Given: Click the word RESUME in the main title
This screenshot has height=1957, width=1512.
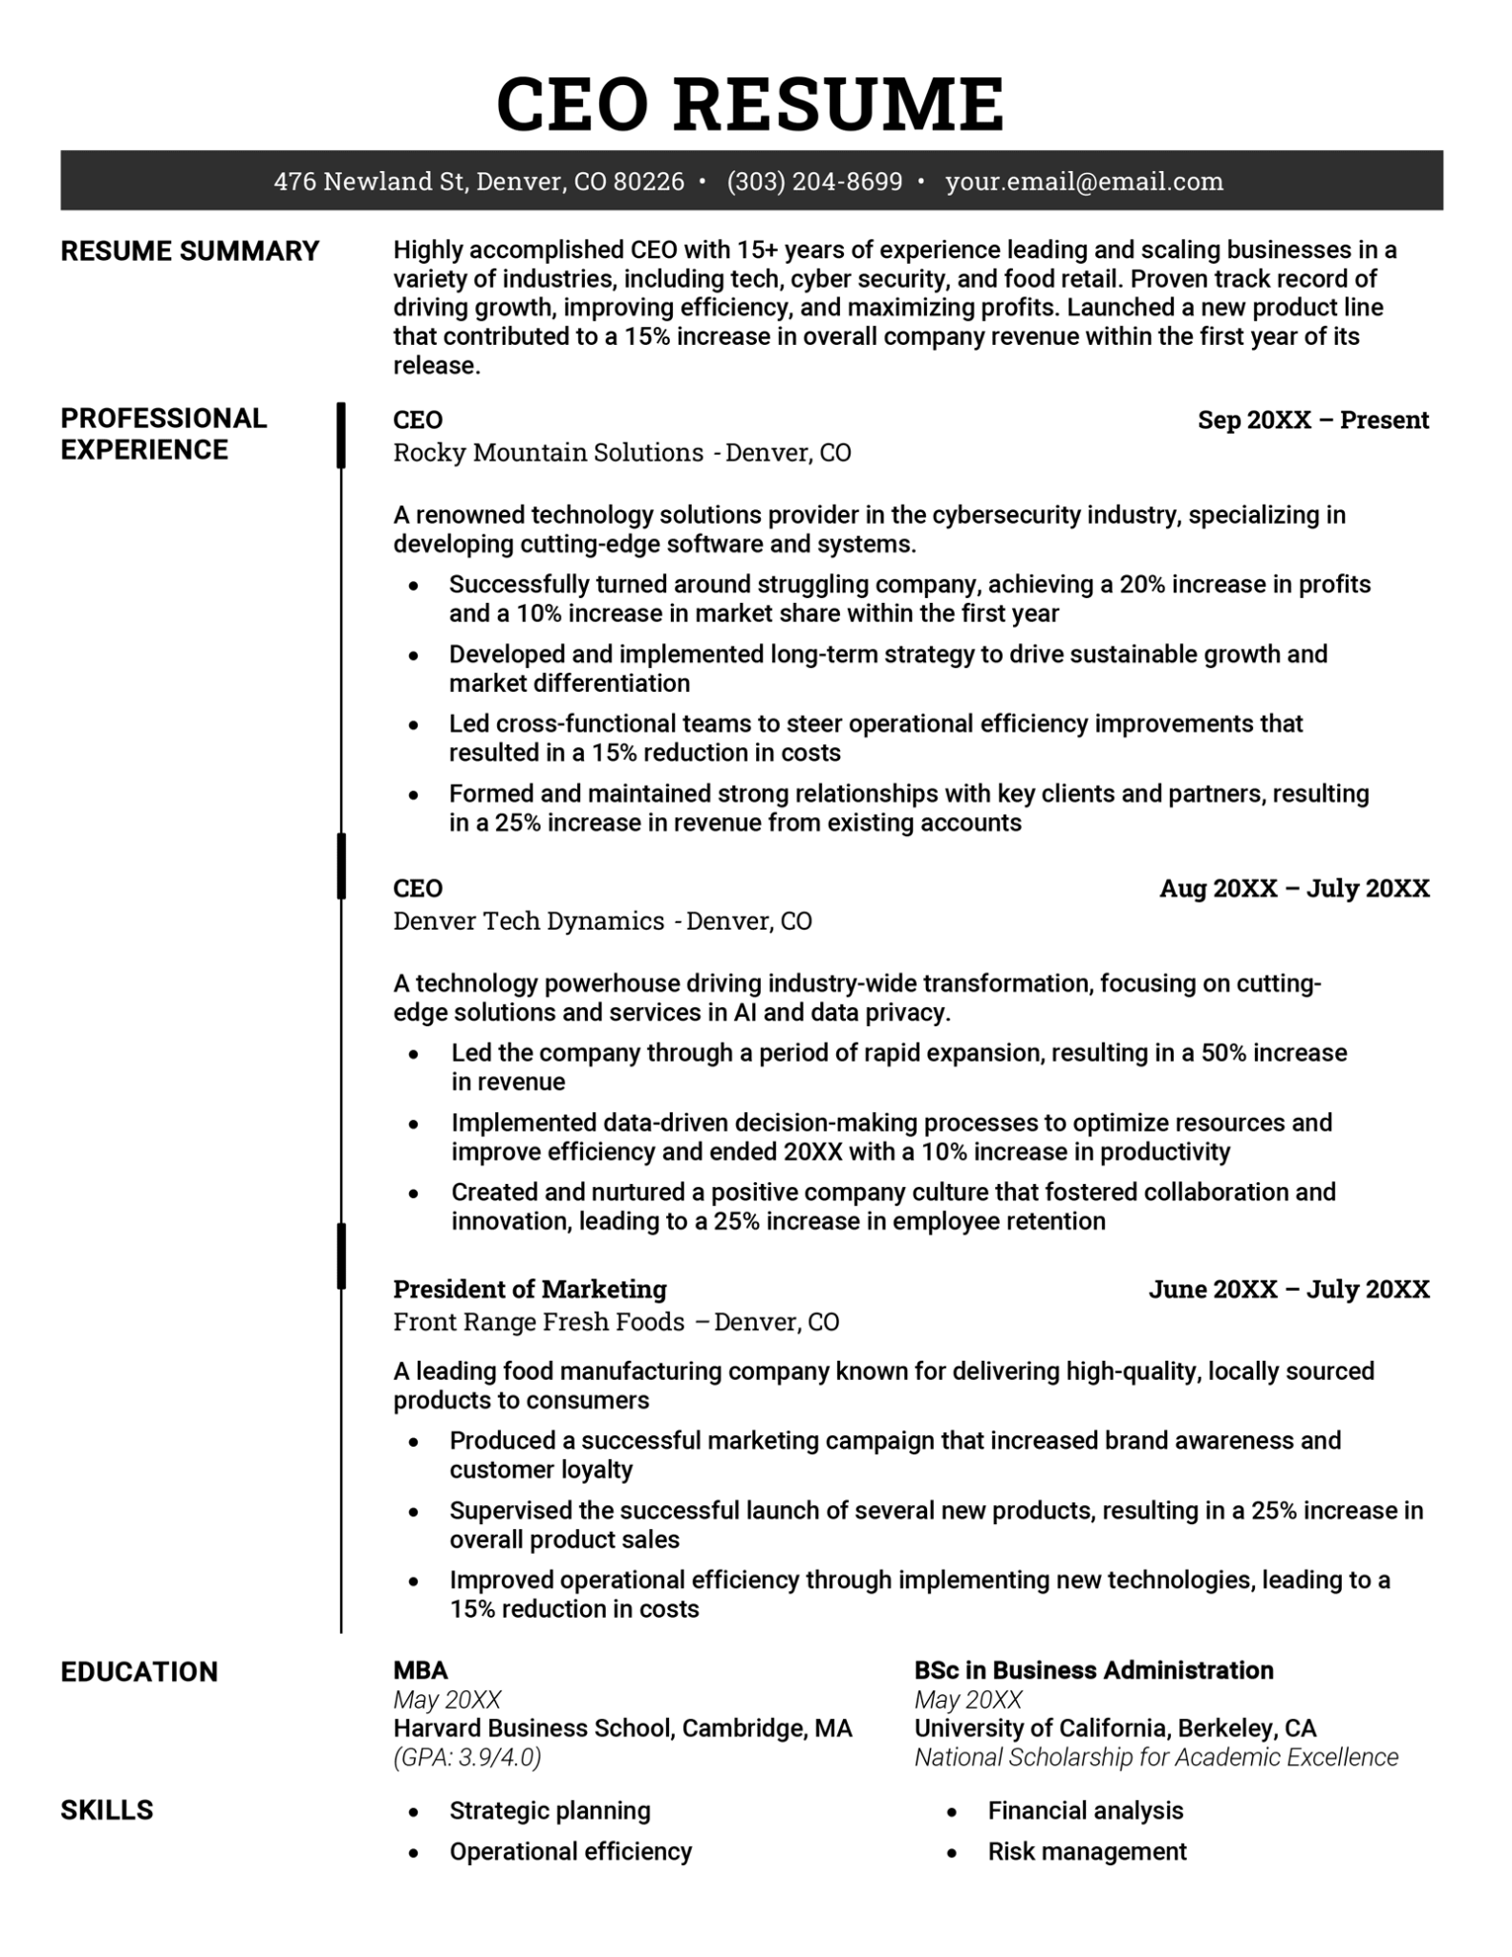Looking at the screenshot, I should pyautogui.click(x=838, y=103).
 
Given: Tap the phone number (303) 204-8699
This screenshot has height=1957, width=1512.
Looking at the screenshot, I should pyautogui.click(x=813, y=182).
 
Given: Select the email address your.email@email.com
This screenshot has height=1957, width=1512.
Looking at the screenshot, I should pyautogui.click(x=1084, y=182).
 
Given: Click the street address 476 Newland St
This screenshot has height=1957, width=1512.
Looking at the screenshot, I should pyautogui.click(x=369, y=182).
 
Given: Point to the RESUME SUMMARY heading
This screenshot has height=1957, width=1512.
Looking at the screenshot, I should pyautogui.click(x=189, y=251).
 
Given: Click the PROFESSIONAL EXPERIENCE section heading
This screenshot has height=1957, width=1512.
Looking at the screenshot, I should pyautogui.click(x=163, y=434).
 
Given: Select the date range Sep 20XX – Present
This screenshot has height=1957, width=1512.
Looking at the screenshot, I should pyautogui.click(x=1312, y=420).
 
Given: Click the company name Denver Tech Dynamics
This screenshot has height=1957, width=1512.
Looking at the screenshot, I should pyautogui.click(x=529, y=921).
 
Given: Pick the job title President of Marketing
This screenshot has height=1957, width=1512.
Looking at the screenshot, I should pyautogui.click(x=529, y=1289).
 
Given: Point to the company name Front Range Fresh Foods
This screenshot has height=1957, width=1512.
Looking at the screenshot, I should pyautogui.click(x=539, y=1322).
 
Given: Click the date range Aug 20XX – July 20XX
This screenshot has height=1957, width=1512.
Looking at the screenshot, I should pyautogui.click(x=1294, y=889).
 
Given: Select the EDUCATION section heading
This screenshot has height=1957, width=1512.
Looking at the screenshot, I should pyautogui.click(x=140, y=1671).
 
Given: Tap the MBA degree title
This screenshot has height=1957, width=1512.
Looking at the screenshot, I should pyautogui.click(x=421, y=1670).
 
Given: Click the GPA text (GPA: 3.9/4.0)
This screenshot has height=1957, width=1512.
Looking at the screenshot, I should pyautogui.click(x=467, y=1757).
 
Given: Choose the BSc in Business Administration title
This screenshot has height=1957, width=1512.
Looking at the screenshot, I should pyautogui.click(x=1093, y=1670).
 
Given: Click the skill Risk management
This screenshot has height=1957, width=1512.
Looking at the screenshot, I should pyautogui.click(x=1087, y=1851).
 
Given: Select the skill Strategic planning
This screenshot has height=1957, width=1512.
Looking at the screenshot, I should pyautogui.click(x=550, y=1811).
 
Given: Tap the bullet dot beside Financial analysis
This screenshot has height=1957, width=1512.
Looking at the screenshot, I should pyautogui.click(x=952, y=1812).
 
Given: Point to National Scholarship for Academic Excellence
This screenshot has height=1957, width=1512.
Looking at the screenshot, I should pyautogui.click(x=1156, y=1757).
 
